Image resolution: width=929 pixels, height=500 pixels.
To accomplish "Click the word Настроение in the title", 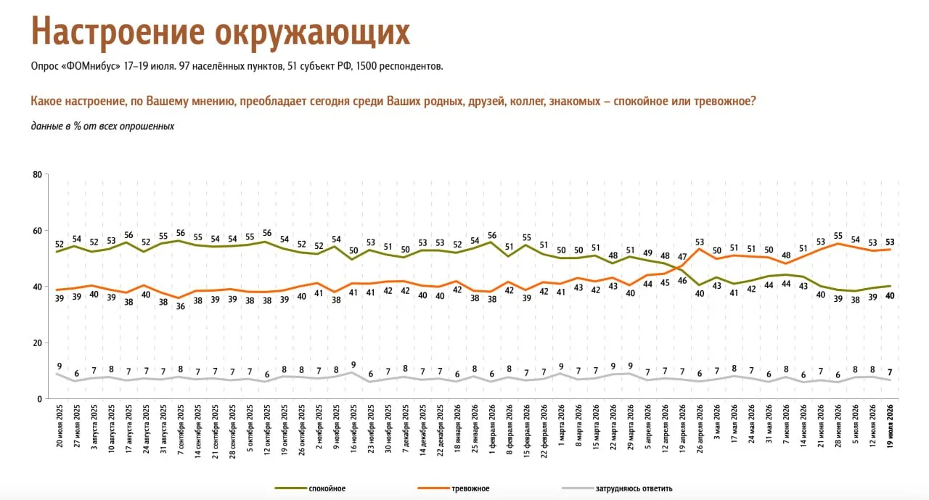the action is tap(118, 32).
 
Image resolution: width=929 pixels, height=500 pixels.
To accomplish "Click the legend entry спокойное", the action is tap(327, 488).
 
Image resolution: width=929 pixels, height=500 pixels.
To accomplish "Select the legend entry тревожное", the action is tap(470, 488).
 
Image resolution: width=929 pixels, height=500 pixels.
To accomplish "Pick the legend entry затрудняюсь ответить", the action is tap(634, 488).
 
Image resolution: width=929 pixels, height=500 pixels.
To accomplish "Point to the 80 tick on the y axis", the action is tap(37, 175).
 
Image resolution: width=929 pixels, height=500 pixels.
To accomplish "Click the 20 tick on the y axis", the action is tap(37, 343).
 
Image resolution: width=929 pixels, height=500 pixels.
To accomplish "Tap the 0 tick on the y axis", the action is tap(40, 399).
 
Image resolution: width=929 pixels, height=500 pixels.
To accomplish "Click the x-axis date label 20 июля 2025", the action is tap(60, 426).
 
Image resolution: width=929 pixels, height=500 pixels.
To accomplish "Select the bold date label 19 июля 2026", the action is tap(890, 426).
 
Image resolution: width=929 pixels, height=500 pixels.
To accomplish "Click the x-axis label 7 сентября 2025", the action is tap(181, 429).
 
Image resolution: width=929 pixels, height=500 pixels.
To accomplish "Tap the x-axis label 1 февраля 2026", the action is tap(492, 429).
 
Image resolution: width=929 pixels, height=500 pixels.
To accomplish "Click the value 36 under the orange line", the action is tap(181, 306).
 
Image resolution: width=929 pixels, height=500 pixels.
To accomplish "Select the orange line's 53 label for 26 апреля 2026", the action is tap(700, 242).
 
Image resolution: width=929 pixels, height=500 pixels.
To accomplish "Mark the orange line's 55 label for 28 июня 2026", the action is tap(838, 236).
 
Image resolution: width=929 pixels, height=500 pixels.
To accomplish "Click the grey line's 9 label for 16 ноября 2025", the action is tap(353, 365).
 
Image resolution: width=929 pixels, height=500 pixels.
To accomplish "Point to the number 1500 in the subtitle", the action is tap(367, 66).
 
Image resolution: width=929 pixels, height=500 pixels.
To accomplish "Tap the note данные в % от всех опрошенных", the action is tap(102, 126).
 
